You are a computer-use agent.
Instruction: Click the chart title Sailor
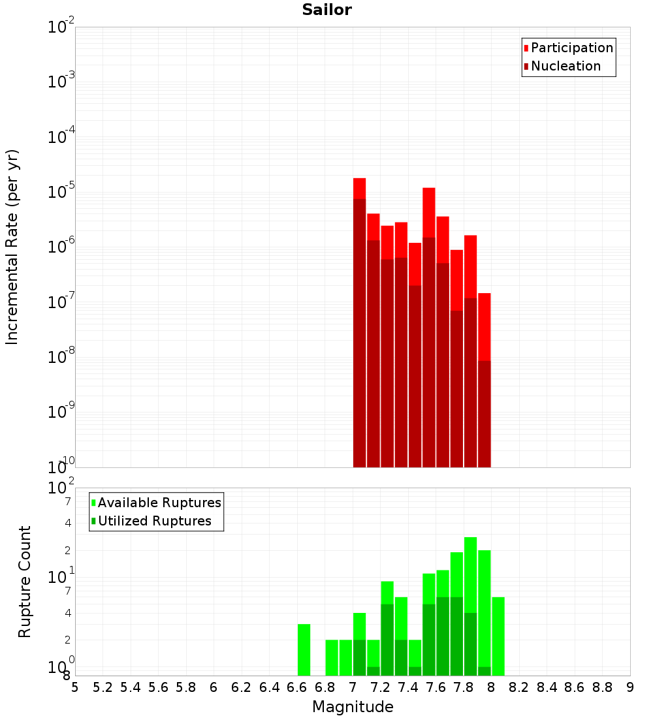pyautogui.click(x=326, y=10)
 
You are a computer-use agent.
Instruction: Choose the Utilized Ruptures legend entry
pyautogui.click(x=154, y=521)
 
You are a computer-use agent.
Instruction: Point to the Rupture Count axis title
pyautogui.click(x=25, y=582)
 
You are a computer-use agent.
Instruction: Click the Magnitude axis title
pyautogui.click(x=353, y=707)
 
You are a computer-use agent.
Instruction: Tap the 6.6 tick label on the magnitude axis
pyautogui.click(x=297, y=687)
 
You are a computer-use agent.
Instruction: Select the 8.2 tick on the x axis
pyautogui.click(x=519, y=687)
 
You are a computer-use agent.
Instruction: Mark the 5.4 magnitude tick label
pyautogui.click(x=131, y=687)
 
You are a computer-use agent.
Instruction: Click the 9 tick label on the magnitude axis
pyautogui.click(x=630, y=687)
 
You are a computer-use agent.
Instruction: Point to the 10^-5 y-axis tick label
pyautogui.click(x=61, y=193)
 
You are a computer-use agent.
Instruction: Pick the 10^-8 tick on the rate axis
pyautogui.click(x=61, y=358)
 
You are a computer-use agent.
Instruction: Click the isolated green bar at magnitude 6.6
pyautogui.click(x=304, y=649)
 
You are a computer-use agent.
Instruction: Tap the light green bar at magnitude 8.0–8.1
pyautogui.click(x=498, y=636)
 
